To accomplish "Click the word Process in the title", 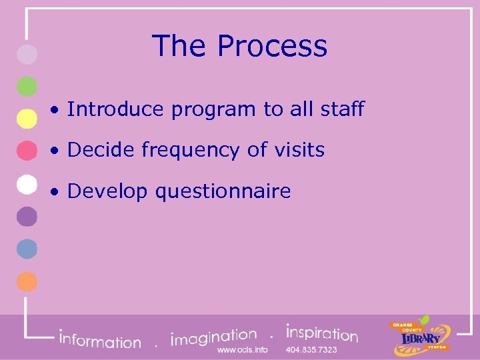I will (x=272, y=47).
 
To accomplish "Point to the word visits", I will (x=298, y=150).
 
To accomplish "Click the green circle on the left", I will (x=27, y=87).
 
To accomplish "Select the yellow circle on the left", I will (x=27, y=118).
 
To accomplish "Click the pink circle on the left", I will (x=27, y=151).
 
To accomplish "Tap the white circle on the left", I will (x=27, y=183).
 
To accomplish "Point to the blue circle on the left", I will (x=27, y=249).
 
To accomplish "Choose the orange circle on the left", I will (x=27, y=281).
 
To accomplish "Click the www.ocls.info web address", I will (x=243, y=350).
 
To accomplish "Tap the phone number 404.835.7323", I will (x=311, y=350).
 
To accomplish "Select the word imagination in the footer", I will (x=214, y=337).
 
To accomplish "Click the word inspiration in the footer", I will (x=322, y=333).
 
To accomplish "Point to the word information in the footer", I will (x=100, y=340).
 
